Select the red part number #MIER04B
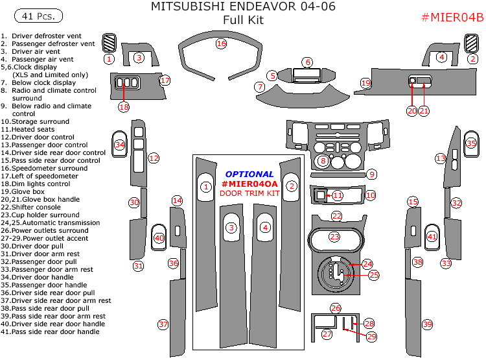click(452, 18)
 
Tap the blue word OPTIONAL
click(249, 174)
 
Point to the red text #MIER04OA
click(249, 184)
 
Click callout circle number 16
click(221, 43)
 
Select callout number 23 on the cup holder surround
click(334, 237)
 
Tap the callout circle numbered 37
click(163, 324)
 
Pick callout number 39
click(427, 324)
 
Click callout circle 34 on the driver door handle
click(119, 145)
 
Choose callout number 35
click(471, 143)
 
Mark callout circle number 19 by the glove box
click(366, 83)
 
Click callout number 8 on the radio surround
click(323, 160)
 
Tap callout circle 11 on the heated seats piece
click(338, 195)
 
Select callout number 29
click(371, 336)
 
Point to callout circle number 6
click(307, 62)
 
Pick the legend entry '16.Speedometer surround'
click(44, 169)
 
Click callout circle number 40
click(159, 238)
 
